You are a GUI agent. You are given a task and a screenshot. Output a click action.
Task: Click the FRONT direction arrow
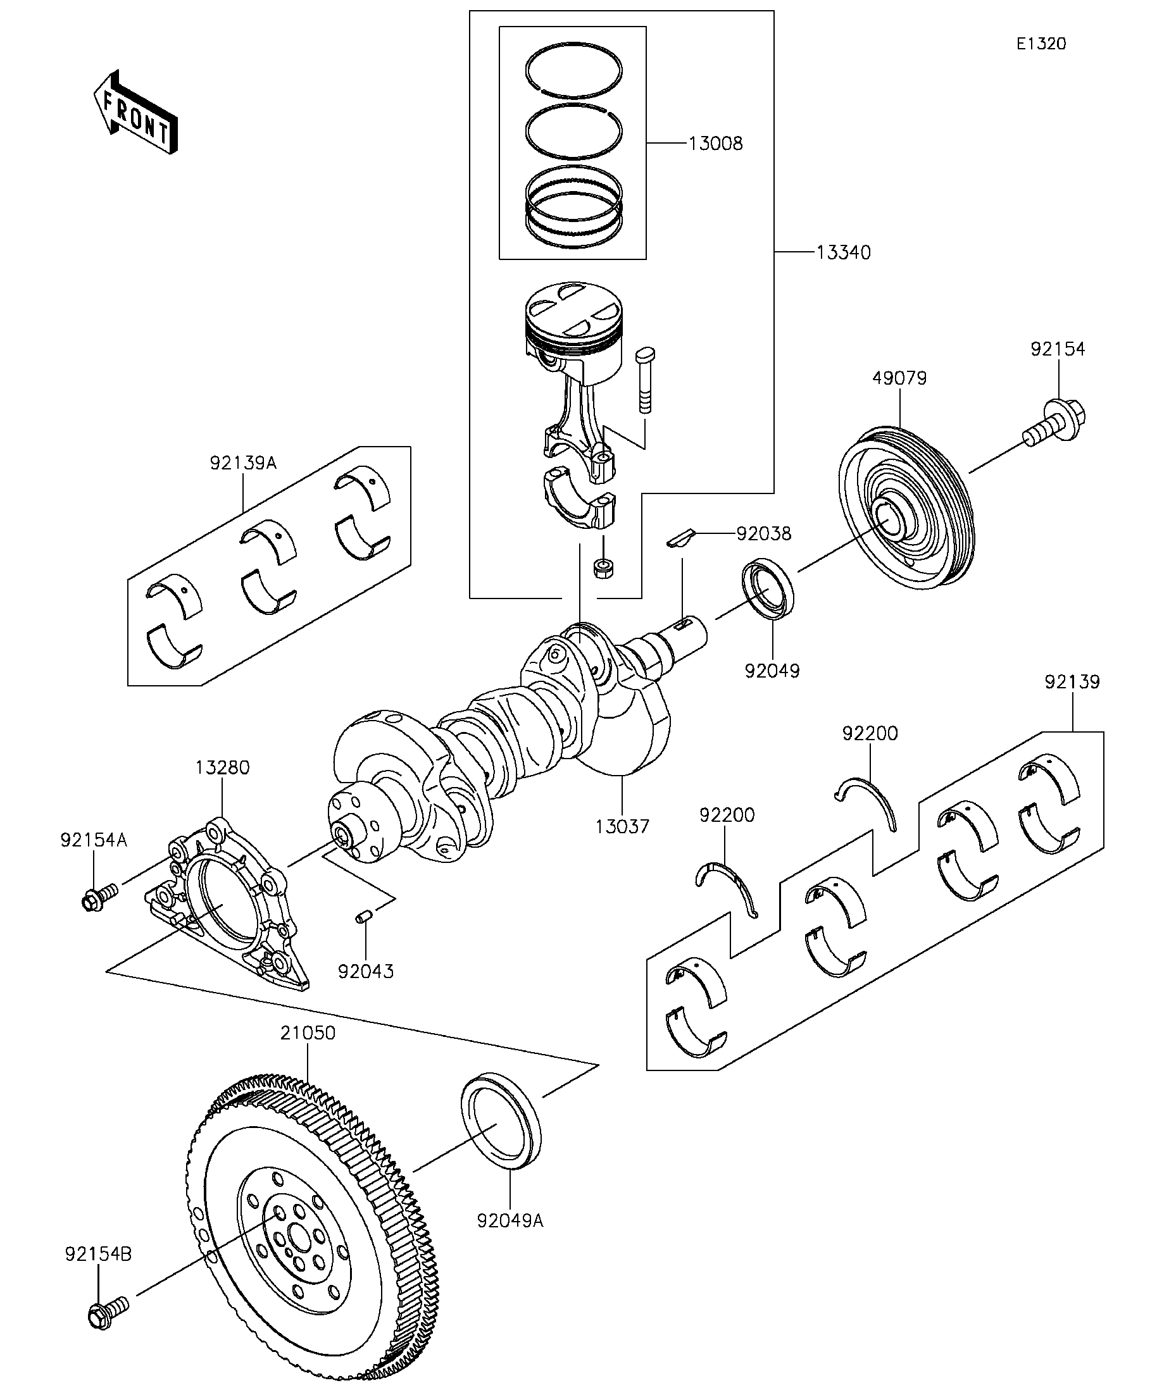(135, 112)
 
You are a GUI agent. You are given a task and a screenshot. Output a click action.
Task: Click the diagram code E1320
(1041, 44)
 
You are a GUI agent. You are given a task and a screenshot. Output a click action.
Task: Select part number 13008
(715, 144)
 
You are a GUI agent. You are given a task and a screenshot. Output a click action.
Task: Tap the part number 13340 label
(842, 252)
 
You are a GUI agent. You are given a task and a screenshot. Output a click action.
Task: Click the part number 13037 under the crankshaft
(622, 827)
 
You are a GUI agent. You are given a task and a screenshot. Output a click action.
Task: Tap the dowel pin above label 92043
(363, 917)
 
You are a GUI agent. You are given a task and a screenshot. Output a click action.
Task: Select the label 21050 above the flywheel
(308, 1033)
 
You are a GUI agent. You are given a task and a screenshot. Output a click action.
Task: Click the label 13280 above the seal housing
(222, 768)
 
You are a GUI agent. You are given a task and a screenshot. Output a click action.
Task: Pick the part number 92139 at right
(1072, 682)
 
